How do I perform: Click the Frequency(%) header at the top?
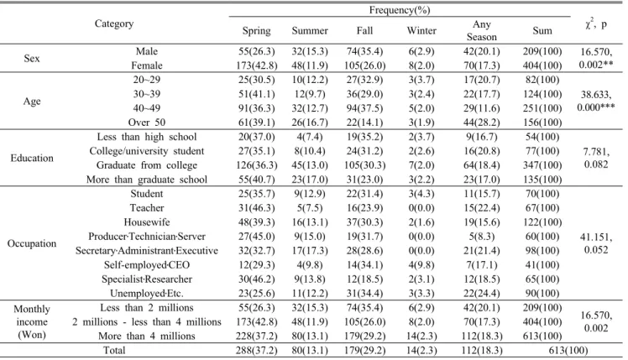(x=400, y=10)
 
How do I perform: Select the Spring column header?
(x=256, y=31)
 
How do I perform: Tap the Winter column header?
(x=421, y=30)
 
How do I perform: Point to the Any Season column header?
(x=481, y=30)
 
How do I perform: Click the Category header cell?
(x=114, y=23)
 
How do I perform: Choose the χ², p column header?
(x=595, y=24)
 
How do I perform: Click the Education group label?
(x=32, y=158)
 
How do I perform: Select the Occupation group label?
(x=32, y=243)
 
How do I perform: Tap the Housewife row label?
(x=147, y=222)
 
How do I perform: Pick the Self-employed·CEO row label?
(x=147, y=264)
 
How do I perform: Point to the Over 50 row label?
(x=147, y=123)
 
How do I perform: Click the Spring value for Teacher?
(x=256, y=208)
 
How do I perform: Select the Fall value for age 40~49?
(x=364, y=108)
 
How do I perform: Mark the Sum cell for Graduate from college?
(x=542, y=165)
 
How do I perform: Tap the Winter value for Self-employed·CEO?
(x=421, y=264)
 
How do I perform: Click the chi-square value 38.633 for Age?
(x=596, y=95)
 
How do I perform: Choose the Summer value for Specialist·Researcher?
(x=310, y=279)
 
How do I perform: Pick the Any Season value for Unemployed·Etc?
(x=481, y=293)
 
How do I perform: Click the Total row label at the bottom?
(x=114, y=351)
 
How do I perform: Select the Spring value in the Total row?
(x=256, y=351)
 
